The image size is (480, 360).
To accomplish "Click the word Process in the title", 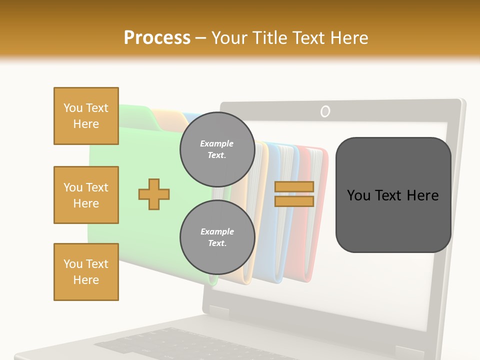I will tap(157, 38).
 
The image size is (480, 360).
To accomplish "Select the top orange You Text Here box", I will tap(86, 116).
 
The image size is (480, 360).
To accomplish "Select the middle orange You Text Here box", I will tap(86, 195).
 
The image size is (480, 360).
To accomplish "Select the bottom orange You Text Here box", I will tap(86, 272).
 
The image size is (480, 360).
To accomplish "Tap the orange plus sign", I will tap(154, 193).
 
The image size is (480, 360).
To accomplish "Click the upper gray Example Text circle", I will tap(217, 149).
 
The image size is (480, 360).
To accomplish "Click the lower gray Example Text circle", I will tap(217, 237).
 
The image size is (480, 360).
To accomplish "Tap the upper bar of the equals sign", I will tap(294, 186).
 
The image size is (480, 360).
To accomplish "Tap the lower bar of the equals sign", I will tap(294, 201).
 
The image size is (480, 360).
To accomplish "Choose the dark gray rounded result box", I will tap(393, 195).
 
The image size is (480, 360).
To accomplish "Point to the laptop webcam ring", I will tap(325, 111).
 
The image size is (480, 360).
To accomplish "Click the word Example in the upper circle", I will tap(217, 143).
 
